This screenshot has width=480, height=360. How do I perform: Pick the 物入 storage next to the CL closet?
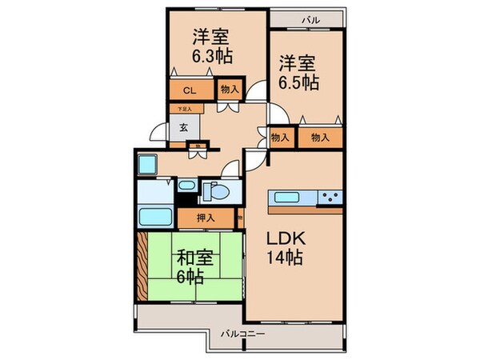coord(227,90)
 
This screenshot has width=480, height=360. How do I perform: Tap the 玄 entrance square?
coord(183,126)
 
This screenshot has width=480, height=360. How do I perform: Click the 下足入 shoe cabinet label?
coord(185,108)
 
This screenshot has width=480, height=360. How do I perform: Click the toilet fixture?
coord(215,191)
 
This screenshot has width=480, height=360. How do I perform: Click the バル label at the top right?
coord(308,18)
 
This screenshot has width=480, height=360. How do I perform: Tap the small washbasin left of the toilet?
coord(186,186)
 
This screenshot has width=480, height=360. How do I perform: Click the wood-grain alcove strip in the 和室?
coord(142,266)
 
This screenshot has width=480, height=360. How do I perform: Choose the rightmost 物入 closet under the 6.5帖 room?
coord(320,138)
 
